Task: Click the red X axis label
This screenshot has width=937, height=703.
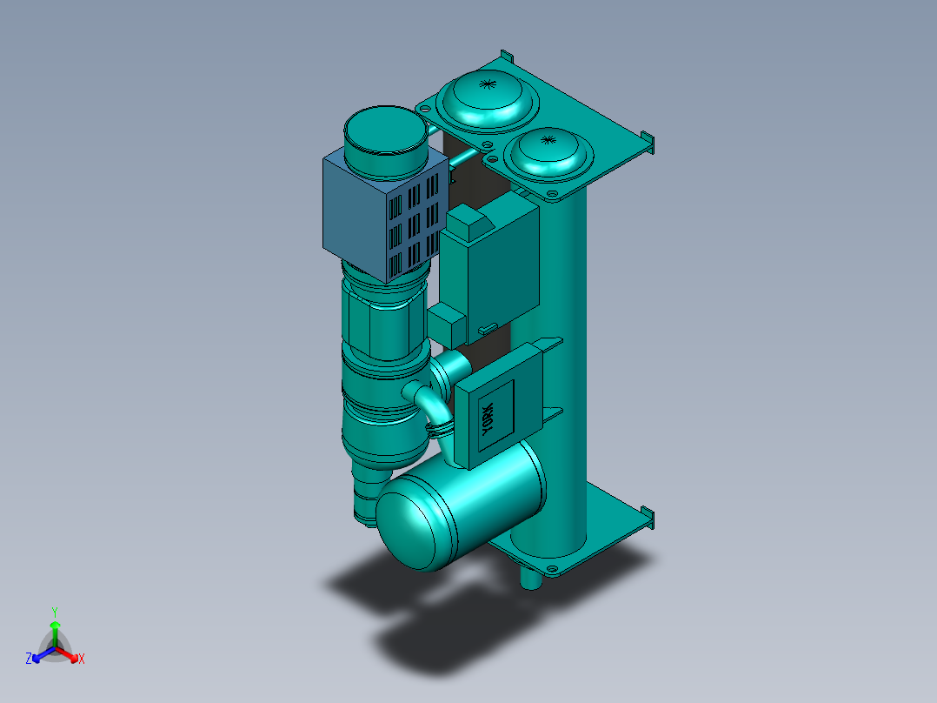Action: [82, 659]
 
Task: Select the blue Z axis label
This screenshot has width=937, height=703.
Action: [29, 659]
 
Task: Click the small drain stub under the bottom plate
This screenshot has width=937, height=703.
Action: [528, 577]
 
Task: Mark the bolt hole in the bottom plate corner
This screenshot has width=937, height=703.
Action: [552, 570]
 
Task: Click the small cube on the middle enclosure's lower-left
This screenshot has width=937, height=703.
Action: [449, 325]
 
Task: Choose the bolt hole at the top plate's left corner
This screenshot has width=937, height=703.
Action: [426, 107]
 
